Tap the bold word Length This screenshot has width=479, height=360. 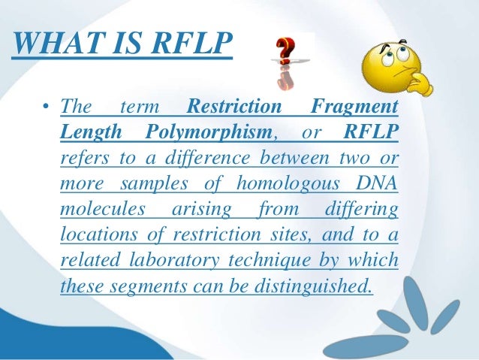coord(86,133)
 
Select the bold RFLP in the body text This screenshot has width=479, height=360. coord(371,133)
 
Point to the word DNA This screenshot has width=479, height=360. coord(375,183)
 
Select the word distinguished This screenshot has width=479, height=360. coord(315,286)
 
